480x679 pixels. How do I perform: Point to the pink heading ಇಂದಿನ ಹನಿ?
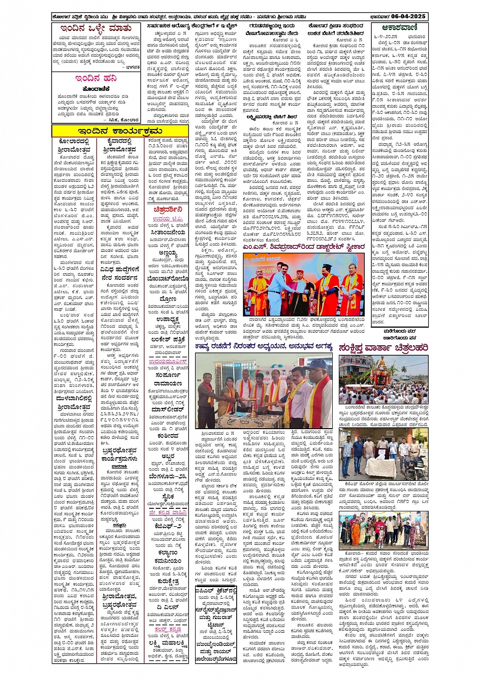point(95,79)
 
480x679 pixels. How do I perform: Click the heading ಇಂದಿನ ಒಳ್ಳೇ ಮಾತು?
point(95,28)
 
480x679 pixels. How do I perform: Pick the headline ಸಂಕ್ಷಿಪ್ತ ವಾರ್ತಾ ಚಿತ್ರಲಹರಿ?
point(383,347)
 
